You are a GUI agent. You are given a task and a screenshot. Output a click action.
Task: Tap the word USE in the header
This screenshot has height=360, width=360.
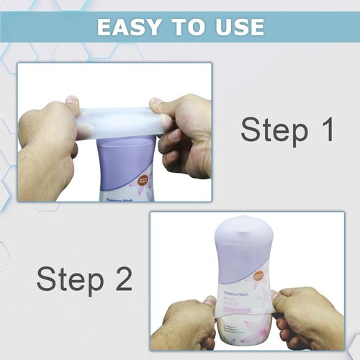pos(236,27)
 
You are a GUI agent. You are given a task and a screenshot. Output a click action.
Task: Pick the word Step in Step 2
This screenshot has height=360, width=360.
pos(69,279)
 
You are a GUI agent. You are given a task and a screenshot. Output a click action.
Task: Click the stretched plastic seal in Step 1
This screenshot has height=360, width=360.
pos(115,120)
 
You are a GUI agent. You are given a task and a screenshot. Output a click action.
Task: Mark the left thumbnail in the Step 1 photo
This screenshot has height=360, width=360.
pos(73,107)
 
